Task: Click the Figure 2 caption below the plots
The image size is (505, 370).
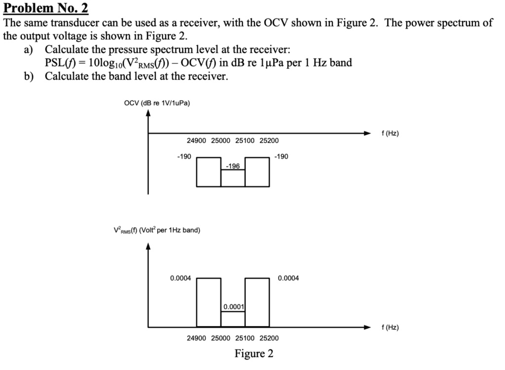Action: (x=253, y=354)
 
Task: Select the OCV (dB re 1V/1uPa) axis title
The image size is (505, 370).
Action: (x=157, y=102)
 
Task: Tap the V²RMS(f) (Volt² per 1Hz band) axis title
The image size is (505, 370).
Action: (x=156, y=231)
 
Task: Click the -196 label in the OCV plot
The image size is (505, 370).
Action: (x=233, y=166)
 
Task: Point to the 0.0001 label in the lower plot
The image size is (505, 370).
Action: (x=233, y=306)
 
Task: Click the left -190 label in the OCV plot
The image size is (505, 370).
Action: (x=184, y=156)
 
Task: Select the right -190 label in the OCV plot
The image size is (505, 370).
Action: (x=282, y=156)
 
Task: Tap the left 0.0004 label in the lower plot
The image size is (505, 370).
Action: (x=180, y=278)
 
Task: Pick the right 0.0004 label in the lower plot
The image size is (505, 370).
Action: (x=289, y=278)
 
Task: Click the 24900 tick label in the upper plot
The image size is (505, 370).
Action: (x=196, y=140)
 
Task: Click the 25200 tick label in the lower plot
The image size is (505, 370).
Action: (x=269, y=338)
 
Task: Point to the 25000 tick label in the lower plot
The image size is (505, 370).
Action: (x=220, y=338)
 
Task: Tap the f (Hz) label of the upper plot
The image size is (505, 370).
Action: (x=390, y=133)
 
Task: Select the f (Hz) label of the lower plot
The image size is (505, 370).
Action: (x=390, y=327)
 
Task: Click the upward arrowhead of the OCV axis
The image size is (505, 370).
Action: (x=148, y=112)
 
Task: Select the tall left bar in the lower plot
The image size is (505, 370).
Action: (x=209, y=302)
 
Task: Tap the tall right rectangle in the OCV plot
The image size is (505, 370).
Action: (x=257, y=171)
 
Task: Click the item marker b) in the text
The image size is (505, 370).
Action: (x=29, y=76)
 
